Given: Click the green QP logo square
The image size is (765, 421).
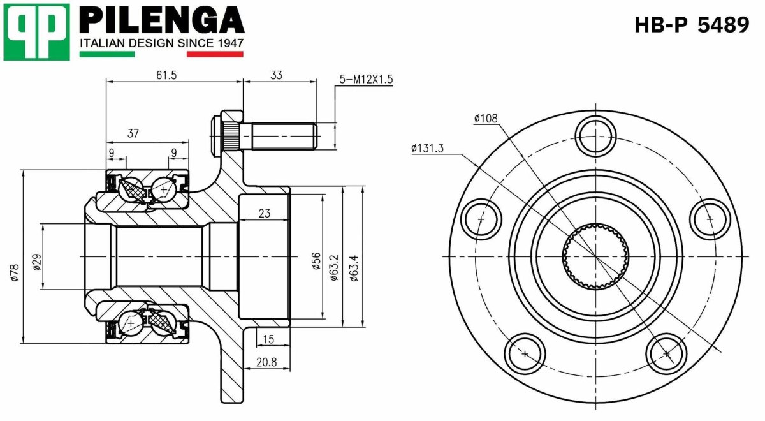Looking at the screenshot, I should click(36, 31).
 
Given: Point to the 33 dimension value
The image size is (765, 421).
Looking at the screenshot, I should click(276, 75).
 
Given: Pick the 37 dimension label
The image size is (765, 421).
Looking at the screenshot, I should click(133, 133).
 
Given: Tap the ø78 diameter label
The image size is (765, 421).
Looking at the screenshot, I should click(14, 272).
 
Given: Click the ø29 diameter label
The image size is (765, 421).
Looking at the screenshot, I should click(36, 262).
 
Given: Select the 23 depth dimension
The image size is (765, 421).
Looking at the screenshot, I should click(265, 214).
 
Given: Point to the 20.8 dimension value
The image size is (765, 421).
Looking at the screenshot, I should click(266, 362).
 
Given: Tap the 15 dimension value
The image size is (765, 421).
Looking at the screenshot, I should click(268, 339).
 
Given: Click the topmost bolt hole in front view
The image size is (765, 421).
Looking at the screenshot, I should click(595, 135).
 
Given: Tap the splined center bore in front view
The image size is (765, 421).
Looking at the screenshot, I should click(595, 256).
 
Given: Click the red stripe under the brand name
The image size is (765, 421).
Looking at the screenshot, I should click(215, 54).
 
